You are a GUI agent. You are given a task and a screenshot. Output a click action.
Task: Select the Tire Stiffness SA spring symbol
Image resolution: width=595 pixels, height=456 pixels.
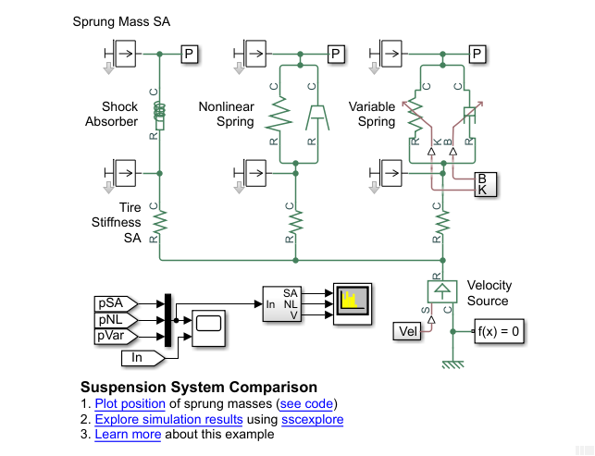click(159, 221)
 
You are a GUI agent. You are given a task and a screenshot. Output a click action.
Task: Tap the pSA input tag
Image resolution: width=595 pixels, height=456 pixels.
click(116, 303)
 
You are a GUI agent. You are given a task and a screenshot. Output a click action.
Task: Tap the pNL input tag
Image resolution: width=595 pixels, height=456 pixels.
click(116, 320)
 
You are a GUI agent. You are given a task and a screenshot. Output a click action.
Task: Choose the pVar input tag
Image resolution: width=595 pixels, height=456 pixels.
click(116, 337)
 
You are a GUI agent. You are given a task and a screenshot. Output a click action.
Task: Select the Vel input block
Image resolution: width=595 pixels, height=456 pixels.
click(408, 331)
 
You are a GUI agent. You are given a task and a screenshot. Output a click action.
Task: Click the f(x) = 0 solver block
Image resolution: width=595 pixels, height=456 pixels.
click(499, 331)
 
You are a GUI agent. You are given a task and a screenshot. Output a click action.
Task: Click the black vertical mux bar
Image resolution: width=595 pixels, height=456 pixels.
click(168, 320)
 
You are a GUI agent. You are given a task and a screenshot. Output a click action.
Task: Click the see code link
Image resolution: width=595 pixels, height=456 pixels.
click(310, 404)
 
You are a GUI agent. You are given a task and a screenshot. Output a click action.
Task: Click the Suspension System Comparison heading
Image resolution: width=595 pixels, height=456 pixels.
click(199, 388)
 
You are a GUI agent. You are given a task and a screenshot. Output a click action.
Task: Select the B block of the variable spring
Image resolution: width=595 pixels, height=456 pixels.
click(481, 178)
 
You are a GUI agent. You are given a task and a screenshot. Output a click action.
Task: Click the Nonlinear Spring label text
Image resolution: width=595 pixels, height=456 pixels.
click(227, 114)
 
